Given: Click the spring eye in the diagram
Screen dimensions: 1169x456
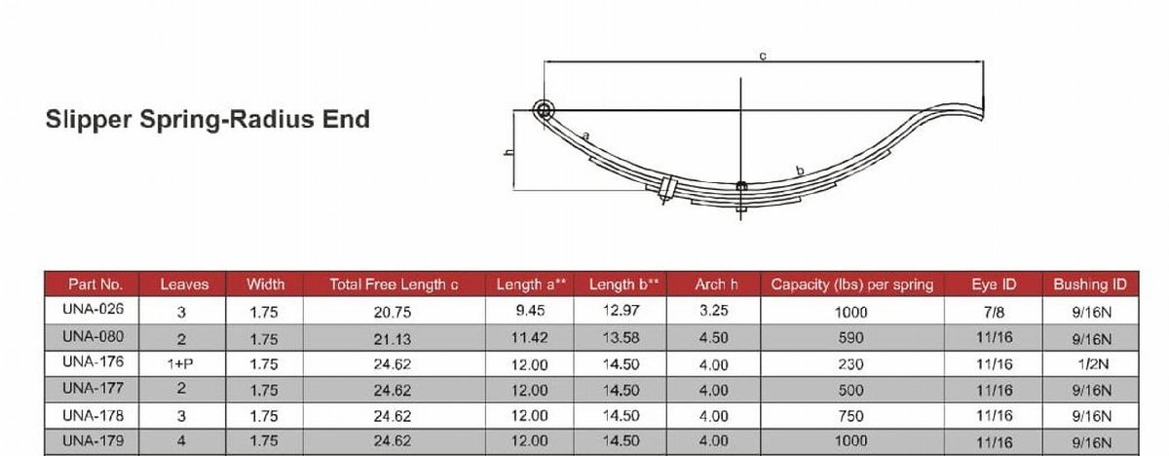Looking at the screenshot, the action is tap(544, 110).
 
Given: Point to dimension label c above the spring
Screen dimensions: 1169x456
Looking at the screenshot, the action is tap(763, 56).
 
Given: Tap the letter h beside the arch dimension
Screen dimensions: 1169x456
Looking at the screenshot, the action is tap(509, 152).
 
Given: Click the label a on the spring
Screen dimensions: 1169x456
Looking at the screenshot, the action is tap(585, 136).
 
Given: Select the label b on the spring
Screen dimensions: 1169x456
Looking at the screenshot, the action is tap(800, 171).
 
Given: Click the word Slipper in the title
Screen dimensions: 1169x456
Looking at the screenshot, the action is tap(89, 120).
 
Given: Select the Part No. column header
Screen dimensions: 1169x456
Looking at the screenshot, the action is tap(95, 285).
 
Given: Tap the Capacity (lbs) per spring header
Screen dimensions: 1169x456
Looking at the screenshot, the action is tap(852, 285).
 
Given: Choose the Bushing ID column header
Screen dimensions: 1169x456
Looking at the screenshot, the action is tap(1090, 285).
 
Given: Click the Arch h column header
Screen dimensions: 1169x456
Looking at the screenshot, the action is tap(716, 285).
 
